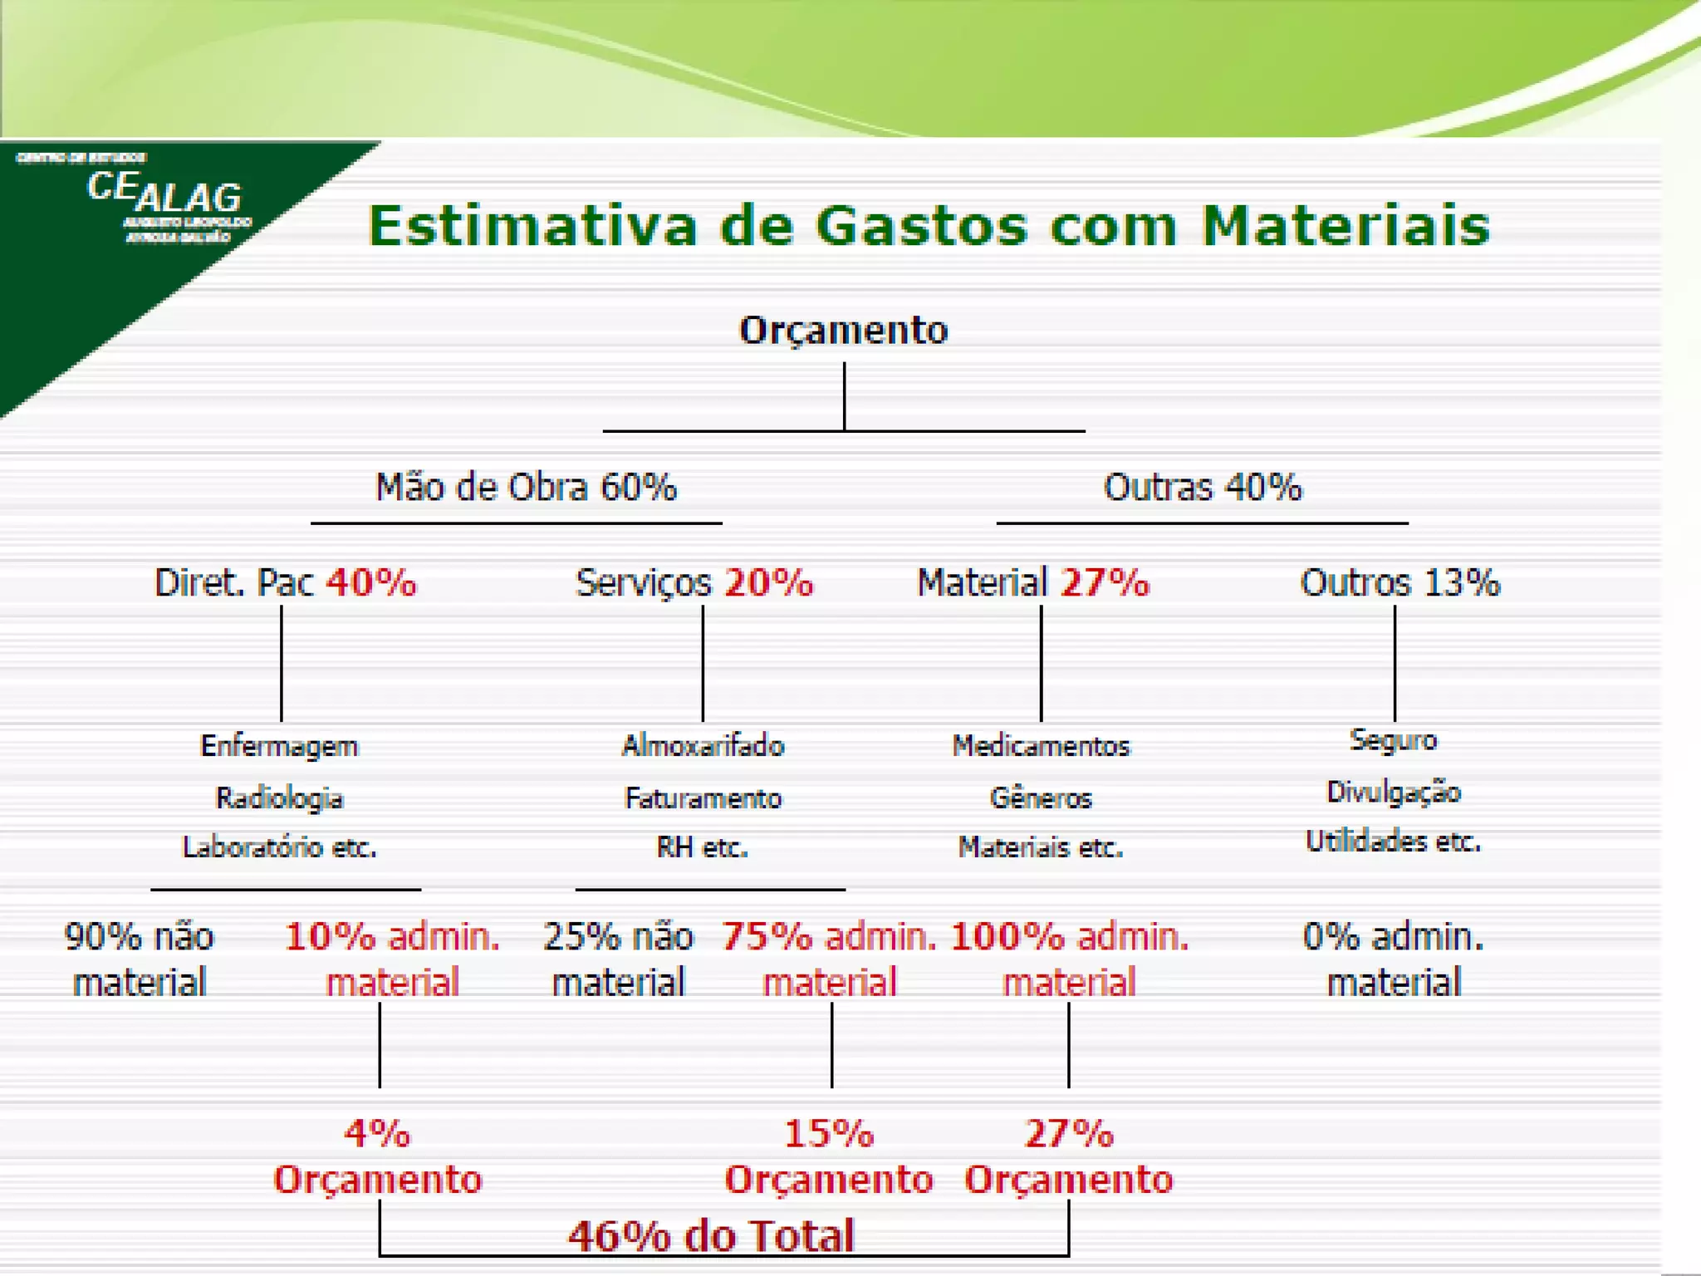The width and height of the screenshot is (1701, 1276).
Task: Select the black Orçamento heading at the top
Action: coord(843,330)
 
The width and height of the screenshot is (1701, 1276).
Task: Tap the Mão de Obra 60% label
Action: coord(526,487)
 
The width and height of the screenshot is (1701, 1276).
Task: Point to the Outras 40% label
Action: coord(1202,487)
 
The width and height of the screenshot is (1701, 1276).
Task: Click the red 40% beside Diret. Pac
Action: coord(370,582)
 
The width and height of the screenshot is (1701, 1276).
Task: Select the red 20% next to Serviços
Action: coord(768,582)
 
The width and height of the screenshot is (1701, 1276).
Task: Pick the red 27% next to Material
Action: coord(1105,582)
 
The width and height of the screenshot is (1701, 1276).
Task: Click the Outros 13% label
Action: coord(1400,582)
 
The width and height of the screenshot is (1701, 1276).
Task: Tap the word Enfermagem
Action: coord(279,746)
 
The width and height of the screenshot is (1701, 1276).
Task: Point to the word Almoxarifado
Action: coord(703,746)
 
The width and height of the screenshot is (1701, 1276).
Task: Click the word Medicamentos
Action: coord(1041,746)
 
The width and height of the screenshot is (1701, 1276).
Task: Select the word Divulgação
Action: coord(1393,792)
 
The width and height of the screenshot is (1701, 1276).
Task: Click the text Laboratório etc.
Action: coord(279,847)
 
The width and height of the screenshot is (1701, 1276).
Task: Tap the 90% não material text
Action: coord(140,959)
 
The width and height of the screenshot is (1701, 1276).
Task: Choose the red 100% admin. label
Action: coord(1069,937)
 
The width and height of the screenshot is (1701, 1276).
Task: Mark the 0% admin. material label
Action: coord(1393,959)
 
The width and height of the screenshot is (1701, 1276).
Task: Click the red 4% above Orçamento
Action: coord(377,1133)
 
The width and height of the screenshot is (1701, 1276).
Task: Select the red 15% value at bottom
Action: coord(829,1133)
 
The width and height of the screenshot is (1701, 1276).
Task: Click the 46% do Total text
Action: coord(711,1236)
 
